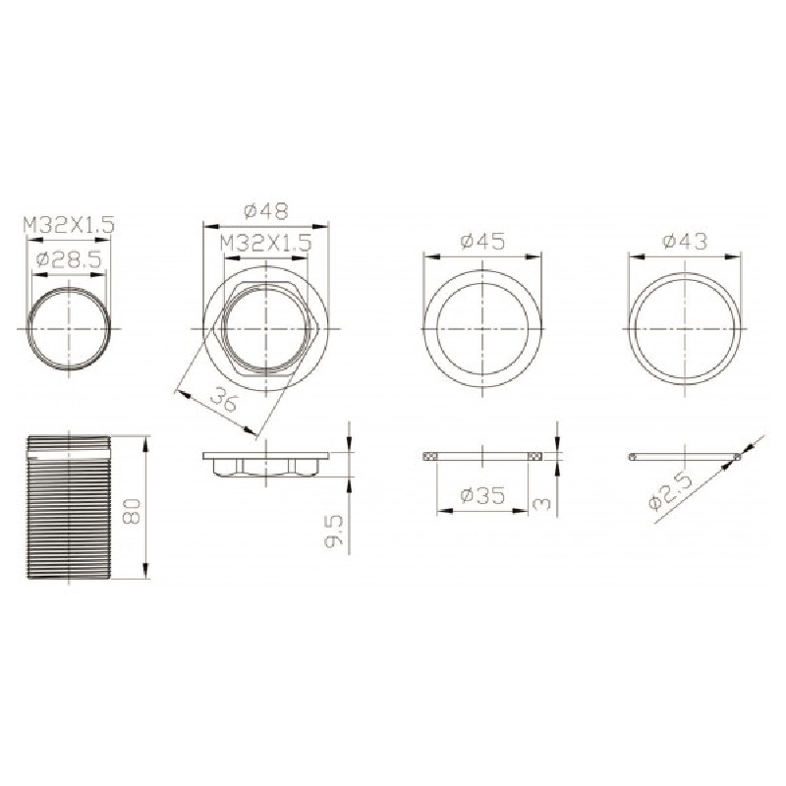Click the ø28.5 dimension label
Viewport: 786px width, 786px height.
[x=69, y=259]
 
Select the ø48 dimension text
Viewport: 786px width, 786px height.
[x=266, y=211]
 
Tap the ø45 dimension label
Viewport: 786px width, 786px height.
[x=482, y=242]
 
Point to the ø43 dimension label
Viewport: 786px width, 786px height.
[x=685, y=241]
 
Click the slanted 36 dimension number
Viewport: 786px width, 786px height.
[x=223, y=401]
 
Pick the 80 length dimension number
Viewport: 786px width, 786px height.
[x=133, y=511]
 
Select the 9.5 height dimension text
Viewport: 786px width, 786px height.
[x=334, y=532]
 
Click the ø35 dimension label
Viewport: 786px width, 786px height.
[x=482, y=496]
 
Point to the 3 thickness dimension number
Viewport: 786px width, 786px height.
[x=542, y=503]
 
